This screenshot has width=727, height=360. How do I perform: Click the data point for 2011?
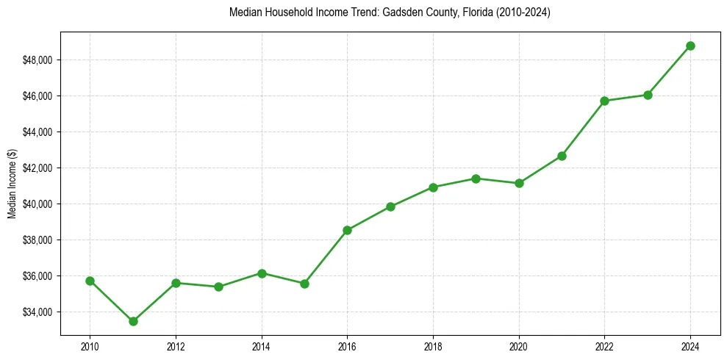[x=133, y=321]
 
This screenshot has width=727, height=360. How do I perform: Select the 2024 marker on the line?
[x=690, y=46]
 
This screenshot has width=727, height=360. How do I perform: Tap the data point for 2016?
[x=347, y=230]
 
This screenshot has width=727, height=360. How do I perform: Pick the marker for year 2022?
[x=604, y=101]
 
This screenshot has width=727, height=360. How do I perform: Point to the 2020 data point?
[x=519, y=183]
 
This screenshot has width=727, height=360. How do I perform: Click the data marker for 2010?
[x=90, y=281]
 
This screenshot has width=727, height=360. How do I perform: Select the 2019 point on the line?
[x=476, y=179]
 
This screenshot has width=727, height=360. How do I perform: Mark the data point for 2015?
[x=304, y=284]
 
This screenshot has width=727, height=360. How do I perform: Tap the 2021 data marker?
[x=562, y=156]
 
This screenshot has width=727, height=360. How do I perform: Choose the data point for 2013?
[x=218, y=287]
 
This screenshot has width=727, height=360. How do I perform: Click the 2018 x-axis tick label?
[x=433, y=346]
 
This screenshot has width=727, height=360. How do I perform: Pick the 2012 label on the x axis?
[x=176, y=346]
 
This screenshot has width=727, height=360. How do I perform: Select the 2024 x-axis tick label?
[x=690, y=346]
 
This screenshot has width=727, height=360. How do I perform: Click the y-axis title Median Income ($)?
[x=12, y=184]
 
